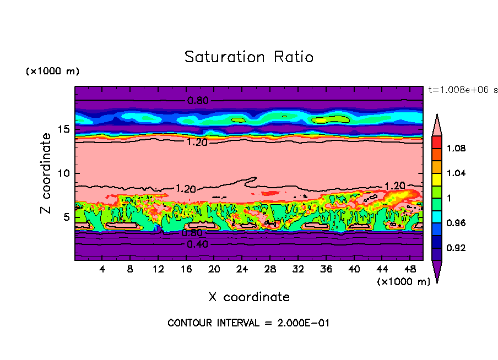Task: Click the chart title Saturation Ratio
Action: (x=249, y=57)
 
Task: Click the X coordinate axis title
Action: (x=249, y=297)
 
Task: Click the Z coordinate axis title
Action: (x=46, y=173)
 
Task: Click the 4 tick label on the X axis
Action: (x=102, y=269)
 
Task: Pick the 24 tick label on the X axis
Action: (x=242, y=269)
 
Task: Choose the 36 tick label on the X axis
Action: (x=326, y=269)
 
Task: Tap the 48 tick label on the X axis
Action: (x=409, y=269)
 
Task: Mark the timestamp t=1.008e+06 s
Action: (x=461, y=89)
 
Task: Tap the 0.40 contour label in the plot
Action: (x=198, y=245)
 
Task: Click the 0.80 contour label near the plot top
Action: (x=198, y=101)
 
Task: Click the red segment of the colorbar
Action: (x=437, y=142)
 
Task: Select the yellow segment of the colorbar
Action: (x=437, y=179)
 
